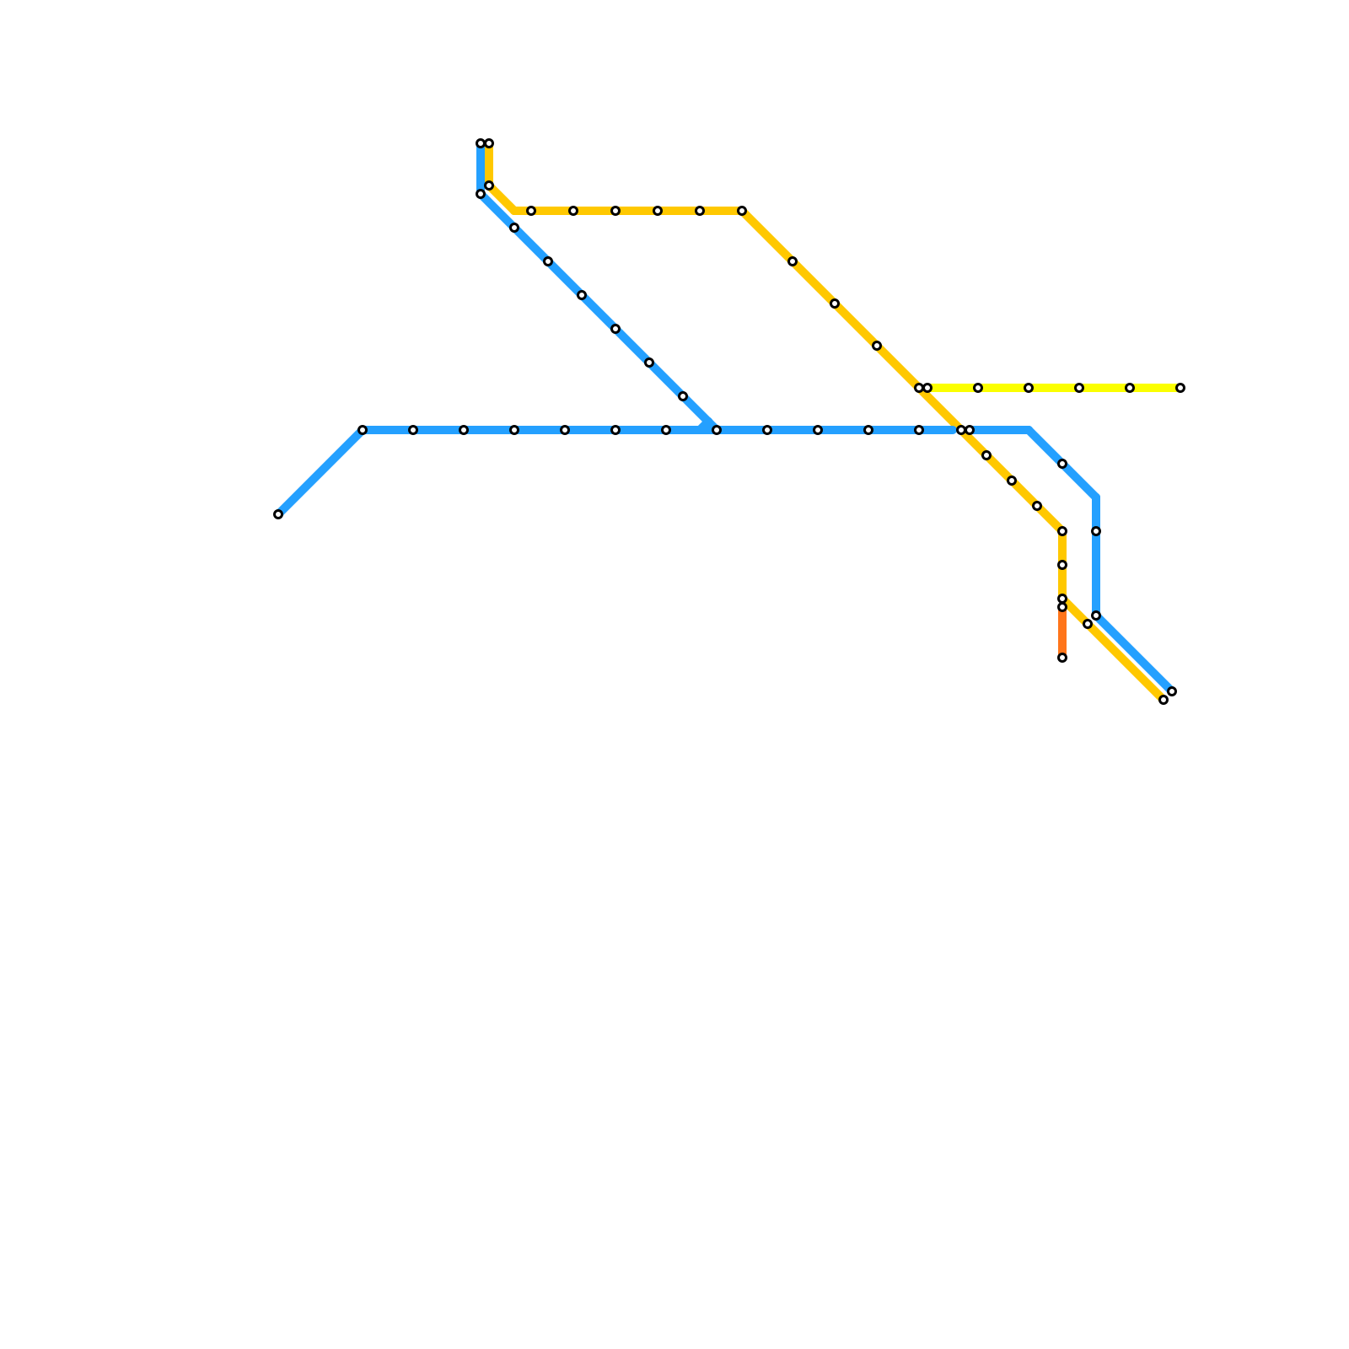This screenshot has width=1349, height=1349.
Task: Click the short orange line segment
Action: coord(1062,632)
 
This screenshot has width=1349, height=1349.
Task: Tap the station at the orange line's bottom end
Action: coord(1062,658)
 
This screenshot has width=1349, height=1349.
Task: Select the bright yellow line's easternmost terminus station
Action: coord(1180,388)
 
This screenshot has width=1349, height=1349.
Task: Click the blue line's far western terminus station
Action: coord(278,514)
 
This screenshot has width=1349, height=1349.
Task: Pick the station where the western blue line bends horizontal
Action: coord(363,430)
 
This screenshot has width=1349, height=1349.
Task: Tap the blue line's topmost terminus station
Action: coord(481,143)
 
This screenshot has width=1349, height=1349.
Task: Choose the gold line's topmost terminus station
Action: coord(489,143)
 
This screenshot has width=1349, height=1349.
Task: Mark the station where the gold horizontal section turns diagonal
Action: coord(742,211)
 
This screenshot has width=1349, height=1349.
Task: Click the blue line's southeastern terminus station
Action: coord(1172,691)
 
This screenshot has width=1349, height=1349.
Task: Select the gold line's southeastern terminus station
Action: coord(1164,700)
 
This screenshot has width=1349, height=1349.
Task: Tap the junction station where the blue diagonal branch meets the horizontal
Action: coord(717,430)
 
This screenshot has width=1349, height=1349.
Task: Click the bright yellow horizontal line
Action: coord(1054,388)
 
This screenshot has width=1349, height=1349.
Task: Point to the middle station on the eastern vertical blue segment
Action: coord(1096,531)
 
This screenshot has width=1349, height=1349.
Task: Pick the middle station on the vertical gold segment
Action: coord(1062,565)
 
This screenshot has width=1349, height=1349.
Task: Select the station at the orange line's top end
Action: coord(1062,607)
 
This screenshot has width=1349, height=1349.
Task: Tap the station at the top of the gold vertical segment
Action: coord(1062,531)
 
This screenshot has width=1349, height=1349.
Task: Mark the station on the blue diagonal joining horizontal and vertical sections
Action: coord(1062,464)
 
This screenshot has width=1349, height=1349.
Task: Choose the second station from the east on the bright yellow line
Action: coord(1130,388)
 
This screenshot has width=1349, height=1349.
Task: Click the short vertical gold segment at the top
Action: coord(489,164)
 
